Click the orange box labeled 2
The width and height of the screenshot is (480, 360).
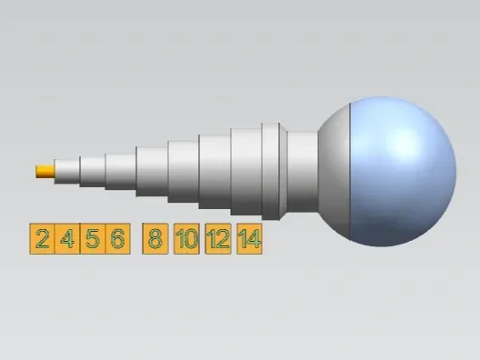[x=42, y=239]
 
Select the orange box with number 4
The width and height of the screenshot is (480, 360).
[x=67, y=239]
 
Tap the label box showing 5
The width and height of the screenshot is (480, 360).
[x=93, y=239]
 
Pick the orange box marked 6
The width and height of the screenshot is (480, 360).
[x=118, y=239]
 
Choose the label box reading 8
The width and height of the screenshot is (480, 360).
[x=155, y=239]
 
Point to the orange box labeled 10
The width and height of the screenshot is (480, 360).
[x=186, y=239]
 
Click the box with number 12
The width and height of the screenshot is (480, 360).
[x=218, y=239]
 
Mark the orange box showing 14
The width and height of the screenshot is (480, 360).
[x=249, y=239]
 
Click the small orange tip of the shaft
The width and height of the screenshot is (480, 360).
[x=45, y=172]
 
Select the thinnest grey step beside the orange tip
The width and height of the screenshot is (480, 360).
[x=67, y=172]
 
